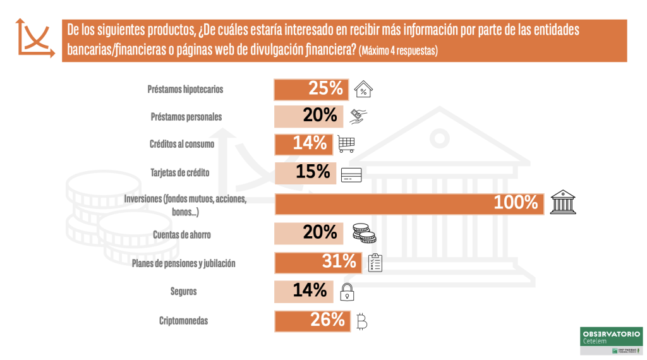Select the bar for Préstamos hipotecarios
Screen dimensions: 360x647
pos(311,89)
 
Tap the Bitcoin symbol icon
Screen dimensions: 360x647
pos(361,321)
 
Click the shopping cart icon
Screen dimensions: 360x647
pos(346,144)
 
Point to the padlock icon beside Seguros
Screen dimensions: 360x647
pos(347,292)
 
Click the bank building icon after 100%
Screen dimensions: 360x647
pos(562,202)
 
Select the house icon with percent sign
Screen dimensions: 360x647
pos(363,90)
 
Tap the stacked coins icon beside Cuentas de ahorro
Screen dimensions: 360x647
pos(363,234)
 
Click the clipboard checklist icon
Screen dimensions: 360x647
pos(375,262)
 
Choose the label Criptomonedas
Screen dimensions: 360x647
pos(183,321)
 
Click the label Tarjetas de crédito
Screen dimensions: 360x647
pos(180,172)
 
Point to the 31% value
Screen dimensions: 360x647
pos(340,260)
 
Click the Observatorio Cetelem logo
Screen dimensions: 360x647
pos(610,341)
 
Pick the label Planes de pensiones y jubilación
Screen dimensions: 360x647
pos(183,263)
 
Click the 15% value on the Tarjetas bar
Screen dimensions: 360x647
pos(313,171)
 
